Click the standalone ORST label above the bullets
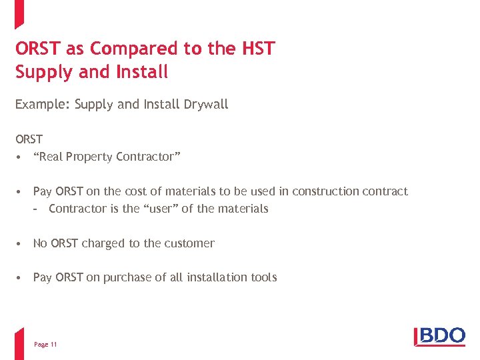[x=29, y=139]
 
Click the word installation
[x=217, y=277]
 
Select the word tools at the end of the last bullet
[x=264, y=277]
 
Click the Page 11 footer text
[x=45, y=344]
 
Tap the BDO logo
[x=440, y=336]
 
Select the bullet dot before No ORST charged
[x=21, y=243]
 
